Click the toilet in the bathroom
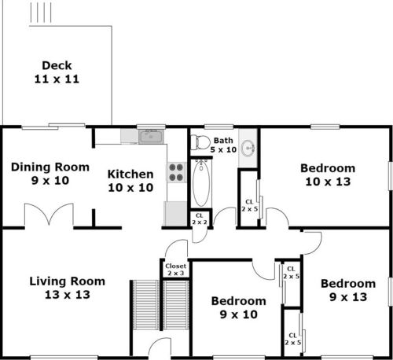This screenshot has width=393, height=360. coord(200,142)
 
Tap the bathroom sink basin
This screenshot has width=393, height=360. coord(248,149)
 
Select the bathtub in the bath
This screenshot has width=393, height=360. coord(201,182)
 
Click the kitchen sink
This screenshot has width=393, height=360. coord(151,137)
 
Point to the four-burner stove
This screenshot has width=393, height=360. coord(176,172)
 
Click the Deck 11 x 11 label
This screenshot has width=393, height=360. coord(57,72)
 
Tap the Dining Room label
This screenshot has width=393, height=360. coord(50,167)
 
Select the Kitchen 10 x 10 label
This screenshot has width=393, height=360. coord(130,181)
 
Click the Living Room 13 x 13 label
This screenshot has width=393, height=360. coord(68,288)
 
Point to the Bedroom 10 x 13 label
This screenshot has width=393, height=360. coord(328,174)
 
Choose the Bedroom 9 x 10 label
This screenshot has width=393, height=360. coord(239,307)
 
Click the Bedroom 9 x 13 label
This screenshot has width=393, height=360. coord(348,290)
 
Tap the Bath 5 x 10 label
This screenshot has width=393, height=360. coord(223,145)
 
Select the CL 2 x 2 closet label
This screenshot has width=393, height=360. coord(200,219)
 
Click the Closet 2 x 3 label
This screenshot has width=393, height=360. coord(176,270)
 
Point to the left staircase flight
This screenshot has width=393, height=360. coord(145,305)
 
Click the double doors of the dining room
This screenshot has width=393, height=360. coord(49,214)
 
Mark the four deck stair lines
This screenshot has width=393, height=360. coord(41,13)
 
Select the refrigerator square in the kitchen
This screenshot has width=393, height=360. coord(175,214)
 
